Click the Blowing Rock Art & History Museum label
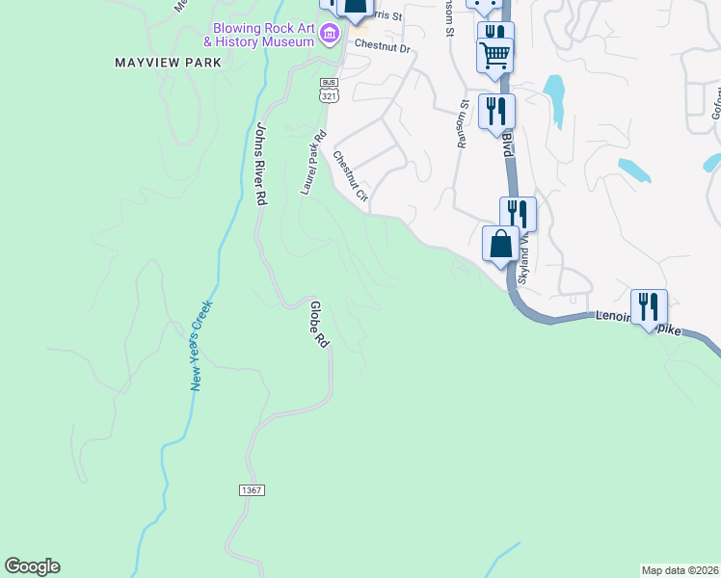(x=259, y=35)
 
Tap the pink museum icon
(x=330, y=36)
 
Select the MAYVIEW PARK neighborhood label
(x=168, y=63)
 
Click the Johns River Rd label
(x=260, y=163)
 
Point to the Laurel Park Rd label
(x=314, y=163)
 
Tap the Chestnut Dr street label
(x=383, y=45)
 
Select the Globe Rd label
(x=318, y=325)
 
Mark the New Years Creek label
(x=200, y=345)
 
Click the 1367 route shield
(x=251, y=490)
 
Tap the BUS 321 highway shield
(x=330, y=89)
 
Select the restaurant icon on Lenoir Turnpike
(x=649, y=306)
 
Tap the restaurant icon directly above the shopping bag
(x=518, y=213)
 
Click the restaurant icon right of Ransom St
(x=496, y=110)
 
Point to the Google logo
(x=32, y=566)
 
